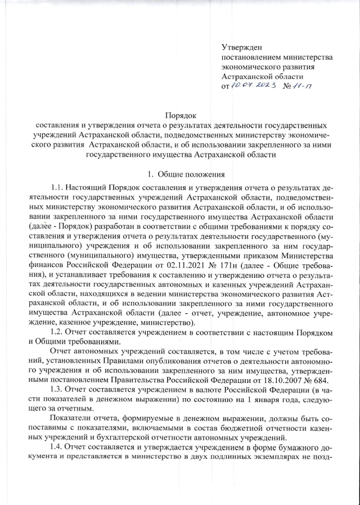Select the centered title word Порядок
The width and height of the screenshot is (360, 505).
180,114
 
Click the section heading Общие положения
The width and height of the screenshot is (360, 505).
191,174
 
